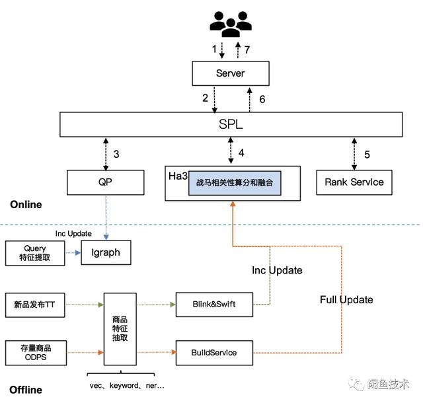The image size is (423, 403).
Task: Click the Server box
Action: pyautogui.click(x=231, y=73)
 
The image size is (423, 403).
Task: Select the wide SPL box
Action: pyautogui.click(x=231, y=125)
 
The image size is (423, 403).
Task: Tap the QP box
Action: pyautogui.click(x=106, y=182)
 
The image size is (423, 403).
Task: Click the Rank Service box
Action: pyautogui.click(x=354, y=182)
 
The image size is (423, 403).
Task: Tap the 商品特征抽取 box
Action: pyautogui.click(x=120, y=328)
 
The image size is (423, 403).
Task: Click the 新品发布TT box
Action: pyautogui.click(x=35, y=305)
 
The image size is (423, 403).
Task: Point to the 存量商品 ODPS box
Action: pyautogui.click(x=35, y=351)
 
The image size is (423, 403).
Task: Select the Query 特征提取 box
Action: pyautogui.click(x=35, y=253)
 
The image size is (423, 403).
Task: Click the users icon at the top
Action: pyautogui.click(x=231, y=25)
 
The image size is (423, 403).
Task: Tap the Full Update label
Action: pyautogui.click(x=346, y=300)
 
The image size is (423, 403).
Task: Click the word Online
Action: pyautogui.click(x=26, y=205)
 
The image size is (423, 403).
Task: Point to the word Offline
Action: pyautogui.click(x=26, y=390)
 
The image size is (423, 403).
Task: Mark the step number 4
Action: pyautogui.click(x=241, y=153)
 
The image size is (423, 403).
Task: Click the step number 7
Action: pyautogui.click(x=247, y=50)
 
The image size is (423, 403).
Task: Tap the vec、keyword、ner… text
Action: pyautogui.click(x=127, y=385)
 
